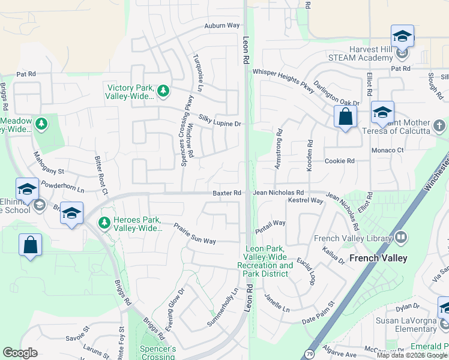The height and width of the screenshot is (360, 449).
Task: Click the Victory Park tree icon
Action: point(163,91)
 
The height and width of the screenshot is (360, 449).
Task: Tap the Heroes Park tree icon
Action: point(104,223)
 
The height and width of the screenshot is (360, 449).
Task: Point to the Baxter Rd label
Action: point(227,193)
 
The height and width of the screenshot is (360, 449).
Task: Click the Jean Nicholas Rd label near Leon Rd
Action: point(279,193)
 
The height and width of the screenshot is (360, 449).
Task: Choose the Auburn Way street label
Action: point(221,26)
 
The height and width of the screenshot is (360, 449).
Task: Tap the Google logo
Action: point(20,353)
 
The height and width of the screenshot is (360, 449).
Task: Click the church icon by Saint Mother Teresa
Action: point(439,126)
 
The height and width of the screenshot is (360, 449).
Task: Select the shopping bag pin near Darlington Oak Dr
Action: point(345,116)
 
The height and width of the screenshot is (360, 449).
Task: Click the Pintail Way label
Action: point(270,223)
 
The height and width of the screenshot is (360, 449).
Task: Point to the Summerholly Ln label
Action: point(223,307)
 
